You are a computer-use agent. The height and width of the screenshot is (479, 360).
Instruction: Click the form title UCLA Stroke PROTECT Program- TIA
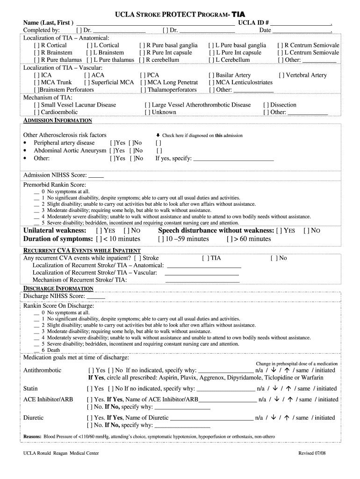coord(180,15)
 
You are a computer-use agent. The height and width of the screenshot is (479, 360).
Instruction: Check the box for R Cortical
coord(36,45)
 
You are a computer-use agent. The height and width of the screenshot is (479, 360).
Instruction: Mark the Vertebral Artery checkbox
coord(281,75)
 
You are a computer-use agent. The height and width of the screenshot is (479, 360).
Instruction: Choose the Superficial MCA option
coord(86,83)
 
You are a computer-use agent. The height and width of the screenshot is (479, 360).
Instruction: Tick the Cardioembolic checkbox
coord(36,112)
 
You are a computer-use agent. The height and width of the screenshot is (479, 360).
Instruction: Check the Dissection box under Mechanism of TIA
coord(266,105)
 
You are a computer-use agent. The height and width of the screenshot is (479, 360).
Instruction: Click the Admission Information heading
coord(58,121)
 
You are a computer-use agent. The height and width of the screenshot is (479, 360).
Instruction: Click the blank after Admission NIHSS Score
coord(96,175)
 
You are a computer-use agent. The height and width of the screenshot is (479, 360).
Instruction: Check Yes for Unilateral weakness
coord(99,231)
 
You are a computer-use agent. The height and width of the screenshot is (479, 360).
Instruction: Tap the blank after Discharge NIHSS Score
coord(96,296)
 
